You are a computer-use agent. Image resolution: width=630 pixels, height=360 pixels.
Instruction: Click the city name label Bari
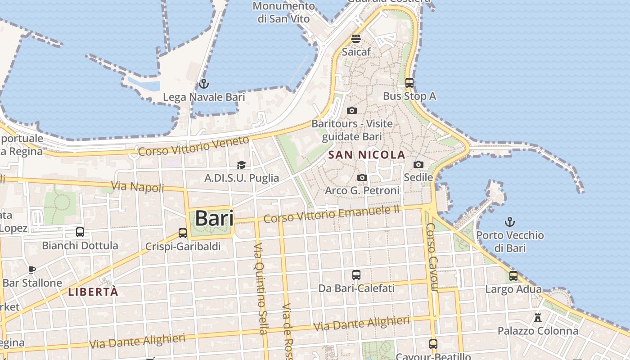click(x=215, y=218)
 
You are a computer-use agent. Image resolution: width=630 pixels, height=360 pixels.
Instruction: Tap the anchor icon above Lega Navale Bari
click(x=204, y=84)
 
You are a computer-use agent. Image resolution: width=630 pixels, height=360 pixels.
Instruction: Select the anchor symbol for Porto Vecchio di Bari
click(x=510, y=222)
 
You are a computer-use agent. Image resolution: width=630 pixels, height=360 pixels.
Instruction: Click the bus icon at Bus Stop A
click(x=409, y=83)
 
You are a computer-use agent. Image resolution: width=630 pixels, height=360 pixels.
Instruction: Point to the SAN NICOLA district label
click(x=367, y=155)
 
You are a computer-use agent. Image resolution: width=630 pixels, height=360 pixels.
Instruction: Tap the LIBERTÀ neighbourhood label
click(x=93, y=292)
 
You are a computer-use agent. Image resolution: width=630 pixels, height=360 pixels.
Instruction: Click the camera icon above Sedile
click(x=418, y=165)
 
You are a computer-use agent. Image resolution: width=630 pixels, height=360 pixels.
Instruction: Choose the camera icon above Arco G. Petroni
click(x=362, y=178)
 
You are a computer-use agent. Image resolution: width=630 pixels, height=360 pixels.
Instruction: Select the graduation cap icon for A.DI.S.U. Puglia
click(x=242, y=165)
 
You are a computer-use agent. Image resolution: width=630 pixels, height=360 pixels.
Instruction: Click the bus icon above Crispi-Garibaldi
click(x=183, y=233)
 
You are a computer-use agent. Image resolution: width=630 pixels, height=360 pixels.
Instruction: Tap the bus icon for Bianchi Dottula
click(x=80, y=232)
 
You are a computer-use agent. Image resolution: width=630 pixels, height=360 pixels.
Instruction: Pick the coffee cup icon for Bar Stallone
click(x=32, y=270)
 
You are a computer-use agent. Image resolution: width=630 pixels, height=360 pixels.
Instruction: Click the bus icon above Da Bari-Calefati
click(x=356, y=274)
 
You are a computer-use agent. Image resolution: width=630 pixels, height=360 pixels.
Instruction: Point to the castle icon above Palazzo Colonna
click(x=538, y=318)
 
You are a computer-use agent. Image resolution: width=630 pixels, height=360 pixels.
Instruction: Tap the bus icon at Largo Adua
click(x=513, y=276)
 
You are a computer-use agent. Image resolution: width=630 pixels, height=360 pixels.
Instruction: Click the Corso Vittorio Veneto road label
click(x=193, y=146)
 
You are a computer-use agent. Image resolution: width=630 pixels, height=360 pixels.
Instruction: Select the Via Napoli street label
click(x=137, y=186)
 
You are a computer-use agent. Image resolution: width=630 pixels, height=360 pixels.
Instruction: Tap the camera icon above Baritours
click(x=352, y=111)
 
